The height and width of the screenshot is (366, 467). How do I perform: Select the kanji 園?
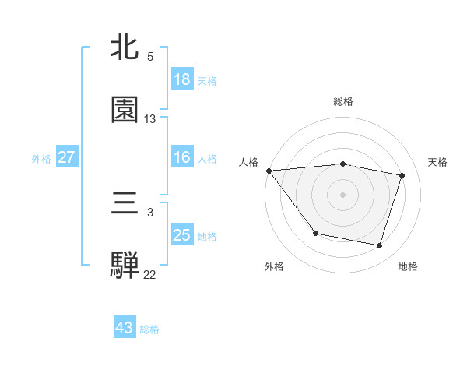[x=125, y=110]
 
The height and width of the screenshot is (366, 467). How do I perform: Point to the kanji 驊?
[x=125, y=265]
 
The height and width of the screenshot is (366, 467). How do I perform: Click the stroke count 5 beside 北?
[x=150, y=57]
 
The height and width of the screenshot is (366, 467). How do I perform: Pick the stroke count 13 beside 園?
[x=150, y=119]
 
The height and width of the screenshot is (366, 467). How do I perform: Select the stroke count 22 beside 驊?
[x=150, y=274]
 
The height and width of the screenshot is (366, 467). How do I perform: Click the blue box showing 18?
[x=181, y=79]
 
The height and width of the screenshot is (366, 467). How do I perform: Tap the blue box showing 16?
[x=181, y=157]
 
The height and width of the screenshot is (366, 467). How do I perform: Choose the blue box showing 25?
[x=181, y=235]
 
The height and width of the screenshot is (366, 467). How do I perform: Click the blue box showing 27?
[x=66, y=157]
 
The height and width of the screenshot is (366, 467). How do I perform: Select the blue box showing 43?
[x=124, y=328]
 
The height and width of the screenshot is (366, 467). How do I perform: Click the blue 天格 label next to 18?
[x=206, y=80]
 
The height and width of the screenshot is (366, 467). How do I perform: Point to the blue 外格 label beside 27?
[x=41, y=158]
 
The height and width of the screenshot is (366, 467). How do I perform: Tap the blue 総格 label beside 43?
[x=149, y=329]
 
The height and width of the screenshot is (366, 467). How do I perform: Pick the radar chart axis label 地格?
[x=408, y=266]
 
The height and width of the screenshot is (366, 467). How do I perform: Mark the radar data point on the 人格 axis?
[x=269, y=171]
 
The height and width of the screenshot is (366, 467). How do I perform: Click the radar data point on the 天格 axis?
[x=402, y=175]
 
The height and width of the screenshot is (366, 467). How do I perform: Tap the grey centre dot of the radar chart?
[x=342, y=194]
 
